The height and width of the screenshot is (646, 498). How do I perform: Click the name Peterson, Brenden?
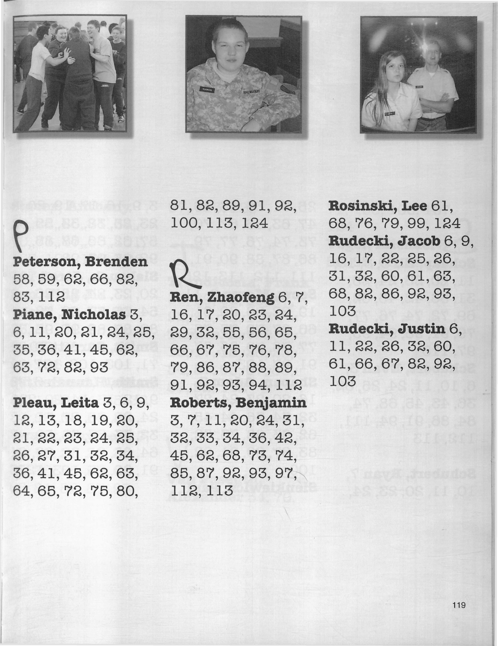coord(80,262)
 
